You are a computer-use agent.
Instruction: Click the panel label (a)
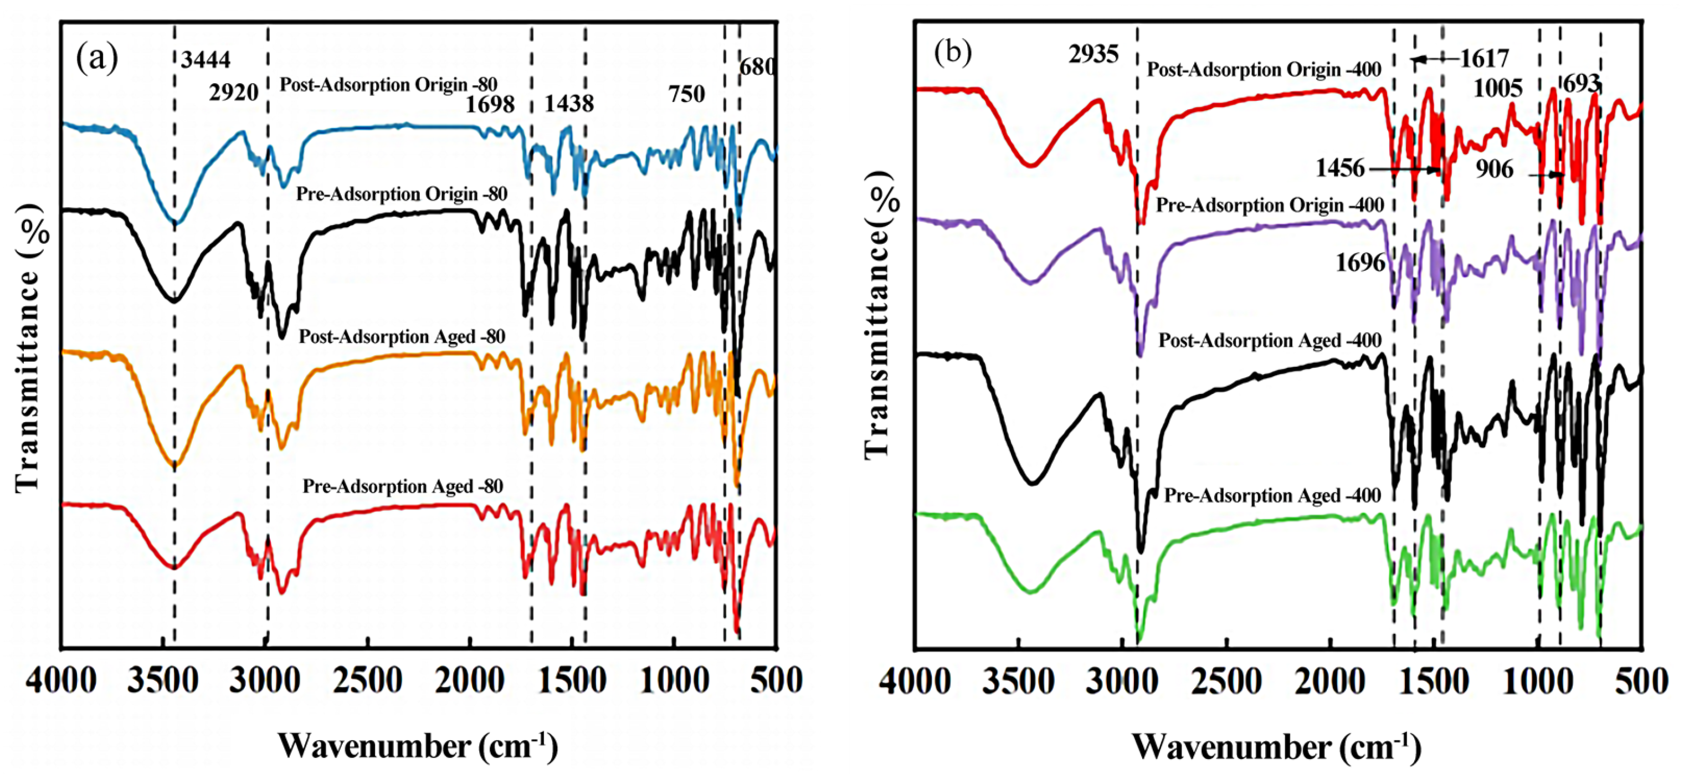pos(97,59)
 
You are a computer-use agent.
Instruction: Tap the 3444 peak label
pos(206,60)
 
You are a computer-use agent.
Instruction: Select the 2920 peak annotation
pos(234,93)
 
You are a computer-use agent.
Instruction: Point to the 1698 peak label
pos(490,104)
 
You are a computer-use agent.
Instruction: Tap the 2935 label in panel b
pos(1093,54)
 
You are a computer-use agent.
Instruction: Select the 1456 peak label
pos(1340,168)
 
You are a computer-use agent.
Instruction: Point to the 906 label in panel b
pos(1495,170)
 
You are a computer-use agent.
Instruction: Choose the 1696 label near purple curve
pos(1360,263)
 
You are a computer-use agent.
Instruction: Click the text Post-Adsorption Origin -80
pos(388,85)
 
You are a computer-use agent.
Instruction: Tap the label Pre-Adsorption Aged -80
pos(403,486)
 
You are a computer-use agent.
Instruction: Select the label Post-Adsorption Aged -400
pos(1270,341)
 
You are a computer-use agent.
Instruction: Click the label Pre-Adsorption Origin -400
pos(1270,204)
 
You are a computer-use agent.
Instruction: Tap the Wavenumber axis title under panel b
pos(1276,746)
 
